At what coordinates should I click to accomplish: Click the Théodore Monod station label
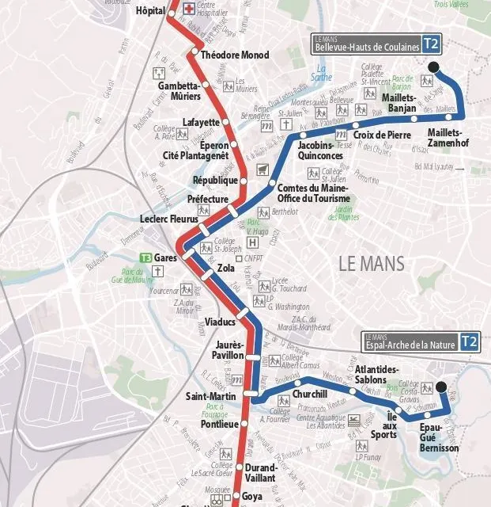[x=235, y=55]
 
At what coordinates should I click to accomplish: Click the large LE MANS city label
[x=371, y=263]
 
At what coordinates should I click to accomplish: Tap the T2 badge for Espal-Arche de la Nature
[x=470, y=341]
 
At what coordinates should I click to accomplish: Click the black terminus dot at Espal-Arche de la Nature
[x=441, y=387]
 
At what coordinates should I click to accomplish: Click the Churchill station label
[x=310, y=394]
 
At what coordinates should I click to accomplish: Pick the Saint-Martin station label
[x=208, y=396]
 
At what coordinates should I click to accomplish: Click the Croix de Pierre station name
[x=382, y=135]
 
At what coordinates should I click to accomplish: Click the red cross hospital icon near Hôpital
[x=189, y=10]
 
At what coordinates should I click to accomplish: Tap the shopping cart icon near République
[x=262, y=168]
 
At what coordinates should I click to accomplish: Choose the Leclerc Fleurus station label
[x=168, y=219]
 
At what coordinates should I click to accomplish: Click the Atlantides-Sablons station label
[x=377, y=375]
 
